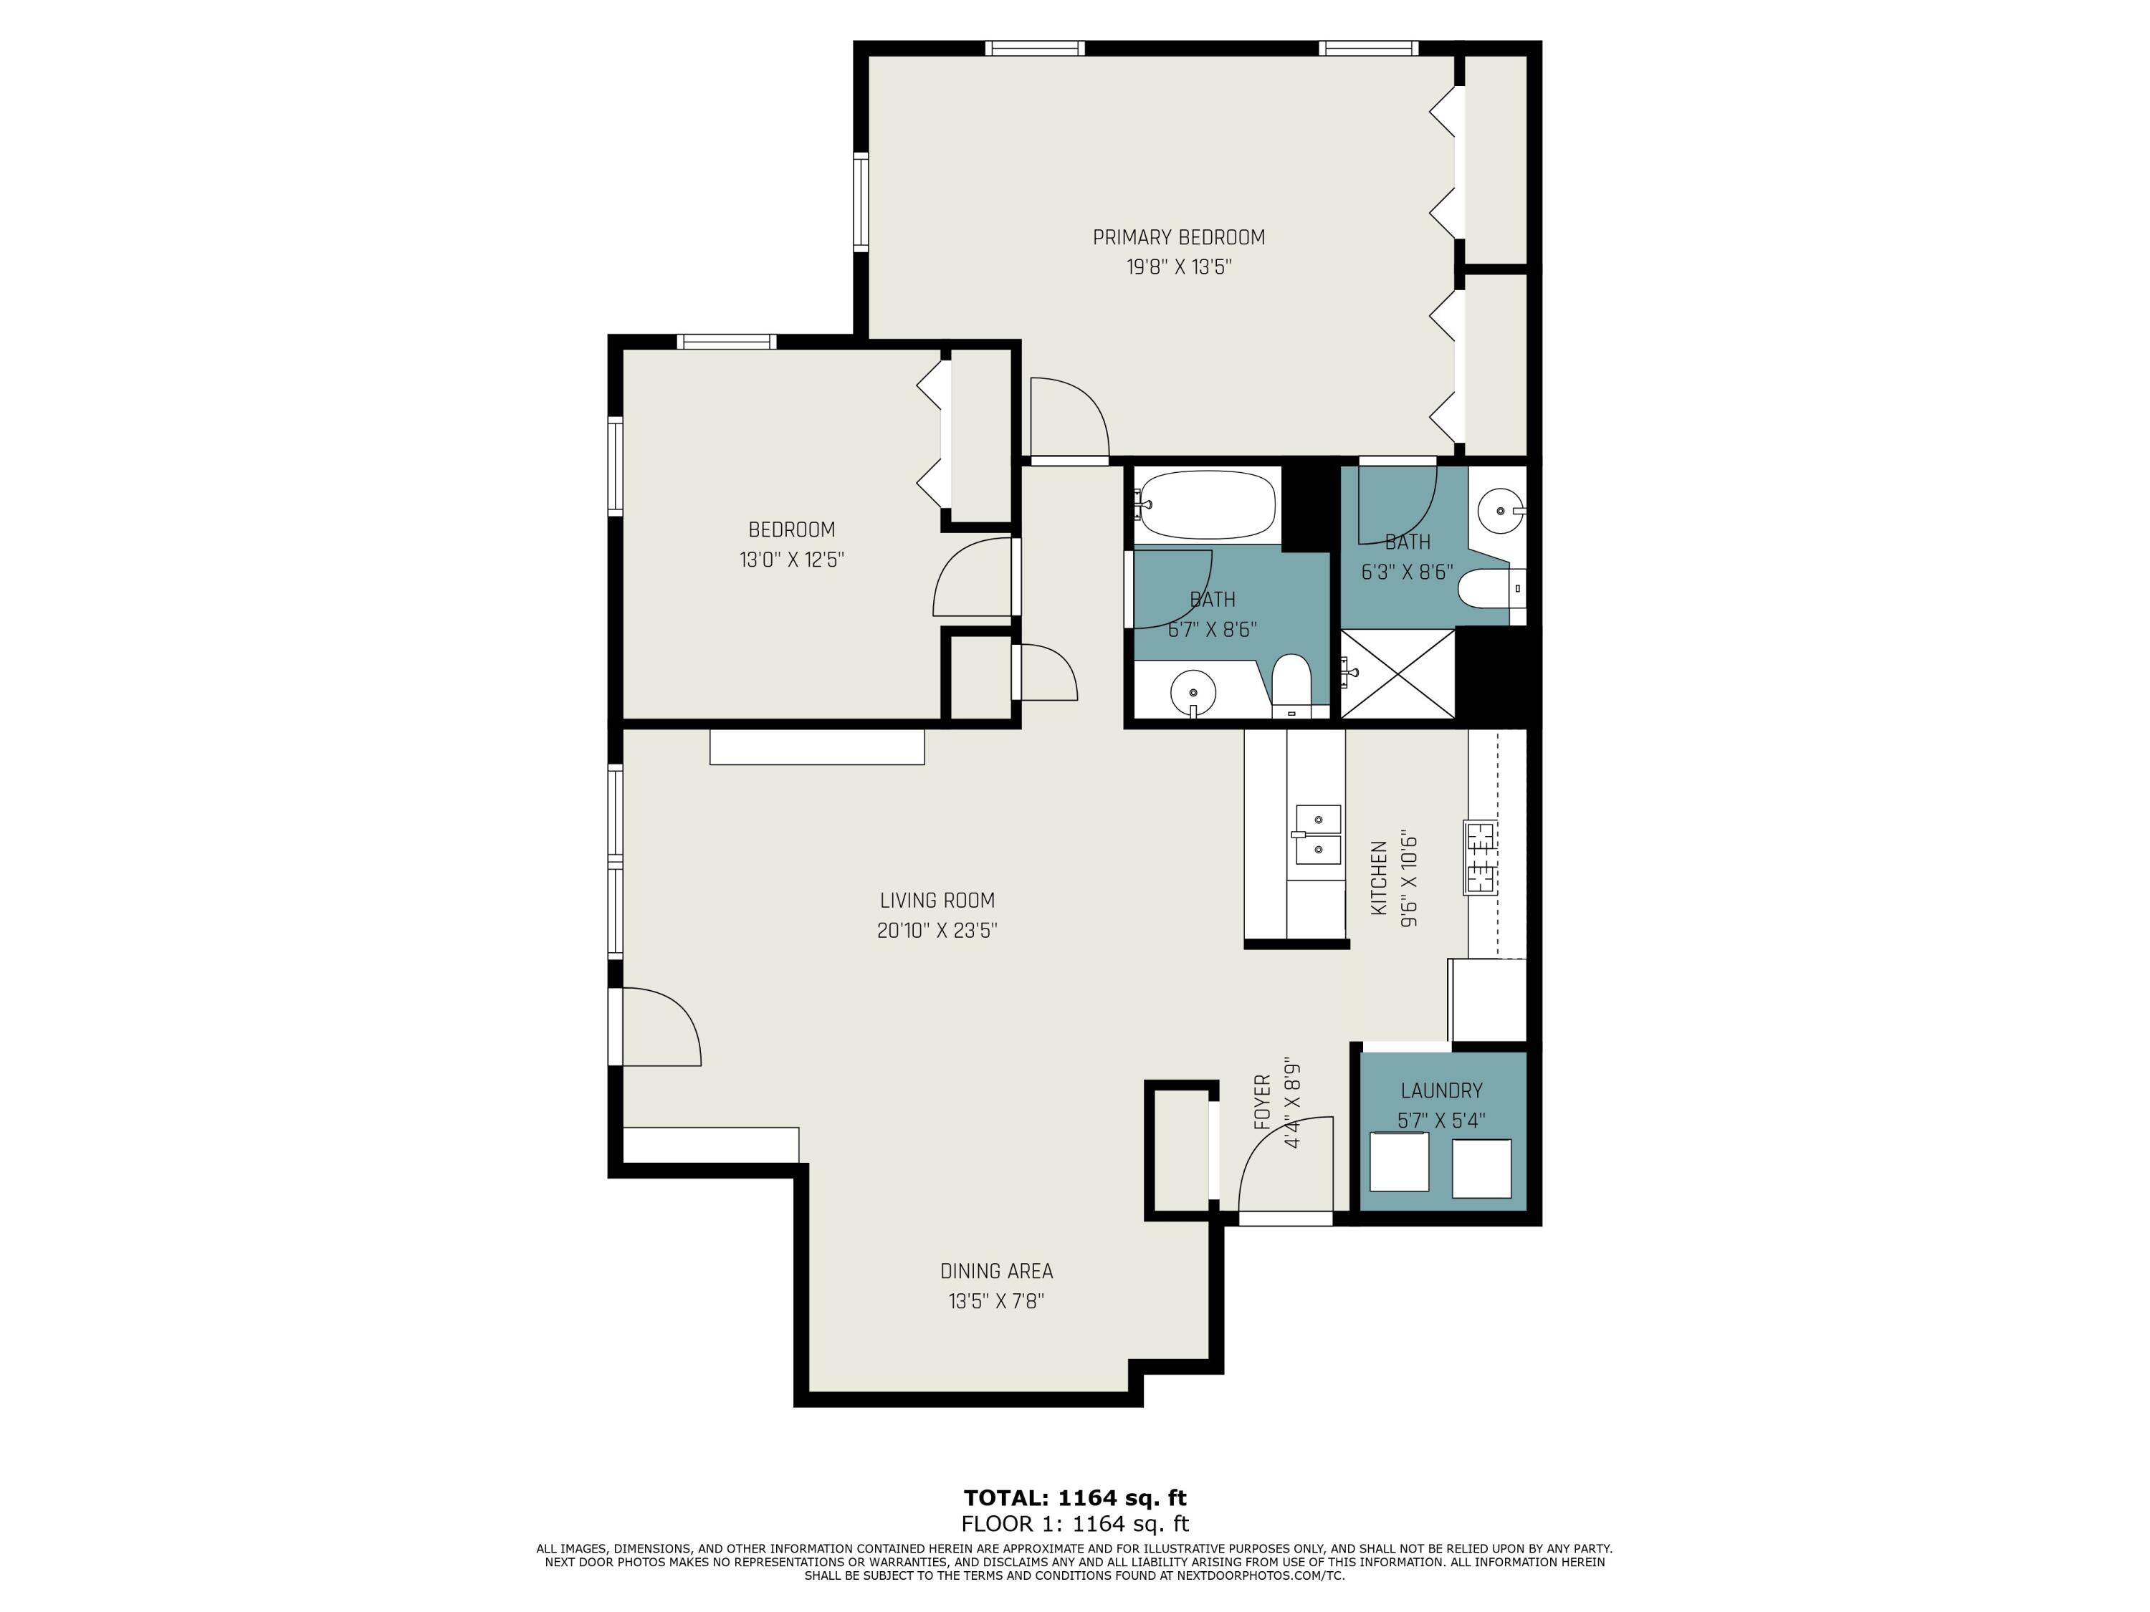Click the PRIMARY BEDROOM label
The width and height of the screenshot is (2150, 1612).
[x=1178, y=237]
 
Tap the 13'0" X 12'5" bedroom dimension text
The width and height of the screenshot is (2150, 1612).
[x=791, y=560]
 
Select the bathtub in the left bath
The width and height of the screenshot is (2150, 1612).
[x=1205, y=504]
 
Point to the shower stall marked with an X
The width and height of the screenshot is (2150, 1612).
[x=1397, y=674]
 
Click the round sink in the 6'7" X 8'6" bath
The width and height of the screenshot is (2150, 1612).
[x=1193, y=693]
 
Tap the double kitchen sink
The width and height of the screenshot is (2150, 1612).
[x=1317, y=834]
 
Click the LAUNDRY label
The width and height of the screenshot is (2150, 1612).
[x=1440, y=1090]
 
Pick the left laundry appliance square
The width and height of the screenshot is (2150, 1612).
[x=1399, y=1162]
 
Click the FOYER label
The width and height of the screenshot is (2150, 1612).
[x=1261, y=1102]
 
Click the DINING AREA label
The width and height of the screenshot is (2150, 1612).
[x=996, y=1271]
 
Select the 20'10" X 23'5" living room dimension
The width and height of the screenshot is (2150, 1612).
[x=937, y=930]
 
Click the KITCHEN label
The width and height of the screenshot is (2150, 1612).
[x=1378, y=878]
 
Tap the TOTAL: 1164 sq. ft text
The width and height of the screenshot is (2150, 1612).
[x=1074, y=1497]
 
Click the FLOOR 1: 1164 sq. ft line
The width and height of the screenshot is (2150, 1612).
[x=1074, y=1524]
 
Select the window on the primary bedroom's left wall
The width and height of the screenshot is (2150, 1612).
[x=860, y=202]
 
